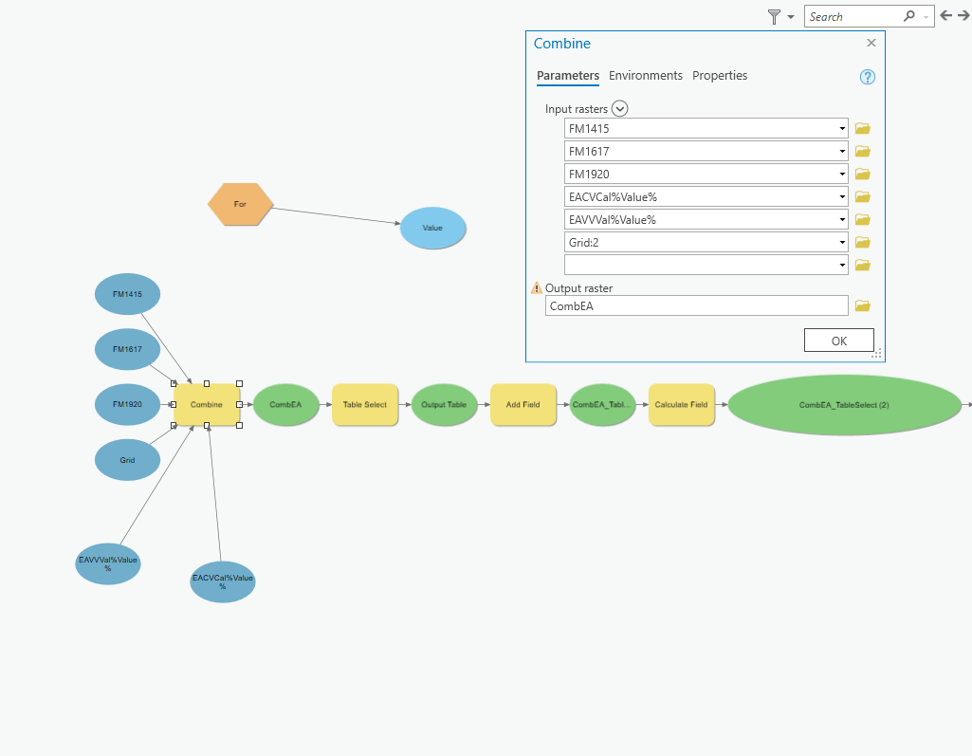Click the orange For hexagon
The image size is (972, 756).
click(240, 204)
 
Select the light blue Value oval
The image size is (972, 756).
click(432, 228)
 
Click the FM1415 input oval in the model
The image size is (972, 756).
click(127, 294)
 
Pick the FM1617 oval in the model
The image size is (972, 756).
click(127, 349)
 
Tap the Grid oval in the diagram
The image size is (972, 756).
click(127, 460)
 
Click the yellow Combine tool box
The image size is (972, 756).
click(207, 405)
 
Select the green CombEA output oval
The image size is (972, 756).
click(285, 405)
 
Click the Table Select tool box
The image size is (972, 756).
click(364, 405)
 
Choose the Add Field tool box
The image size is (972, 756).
click(523, 405)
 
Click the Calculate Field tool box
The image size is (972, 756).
click(681, 405)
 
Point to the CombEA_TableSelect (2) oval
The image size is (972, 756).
click(844, 405)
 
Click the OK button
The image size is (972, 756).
click(838, 341)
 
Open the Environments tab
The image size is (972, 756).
click(645, 76)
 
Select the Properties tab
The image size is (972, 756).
click(720, 76)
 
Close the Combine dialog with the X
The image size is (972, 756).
click(871, 43)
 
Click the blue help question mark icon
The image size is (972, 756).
click(867, 78)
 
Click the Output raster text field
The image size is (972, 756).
click(696, 305)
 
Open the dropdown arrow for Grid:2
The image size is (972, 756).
click(842, 243)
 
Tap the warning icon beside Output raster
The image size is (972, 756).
click(537, 287)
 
